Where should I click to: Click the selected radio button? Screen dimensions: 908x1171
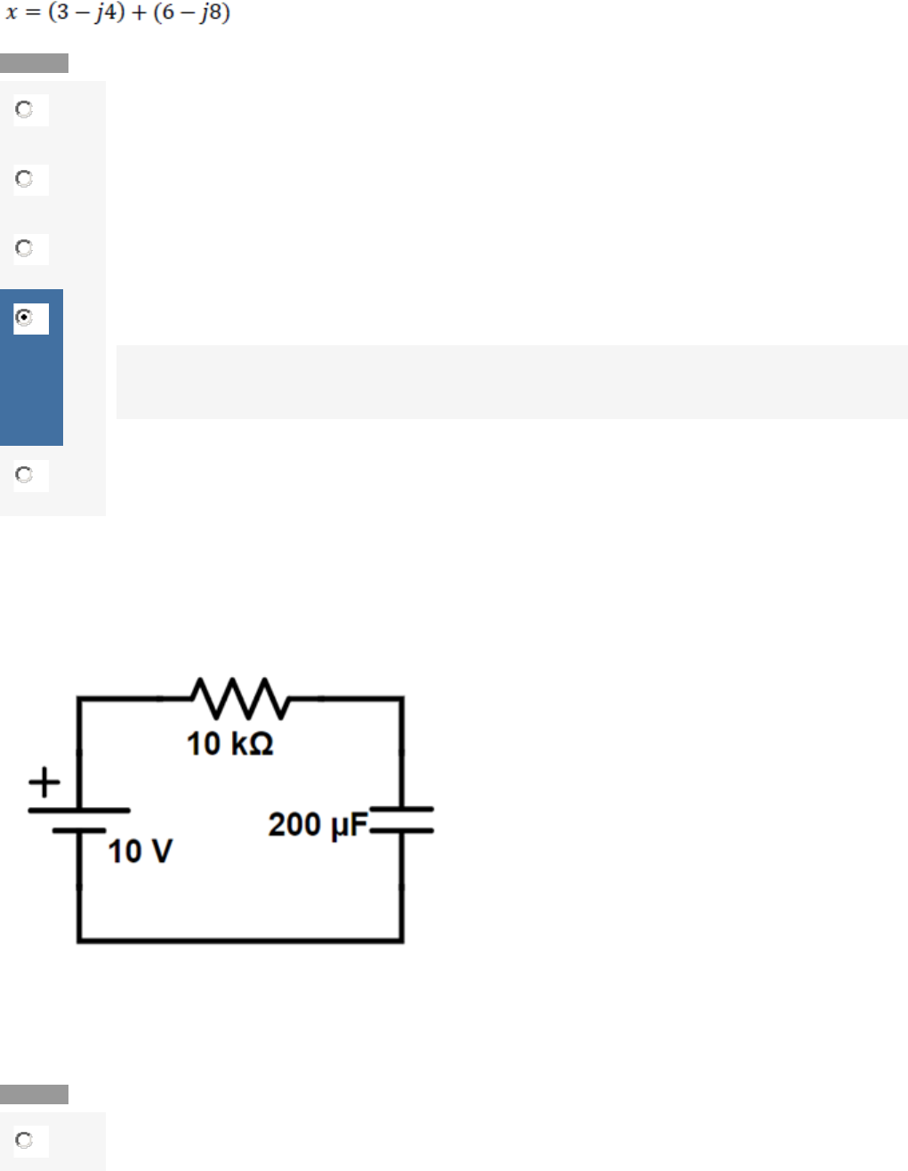pos(24,318)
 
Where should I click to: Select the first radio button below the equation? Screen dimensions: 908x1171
pos(24,109)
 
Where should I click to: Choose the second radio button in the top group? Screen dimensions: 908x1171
pos(24,178)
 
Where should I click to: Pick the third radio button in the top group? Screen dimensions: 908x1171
pos(24,248)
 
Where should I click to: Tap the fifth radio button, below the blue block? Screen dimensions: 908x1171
pos(24,475)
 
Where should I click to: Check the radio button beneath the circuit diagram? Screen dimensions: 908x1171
pos(24,1140)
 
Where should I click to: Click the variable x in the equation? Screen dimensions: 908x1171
pos(12,12)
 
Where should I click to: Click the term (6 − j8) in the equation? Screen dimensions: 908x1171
pos(192,12)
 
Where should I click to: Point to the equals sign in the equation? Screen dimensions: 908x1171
pos(33,12)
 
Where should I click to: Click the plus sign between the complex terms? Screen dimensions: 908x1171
pos(139,12)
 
